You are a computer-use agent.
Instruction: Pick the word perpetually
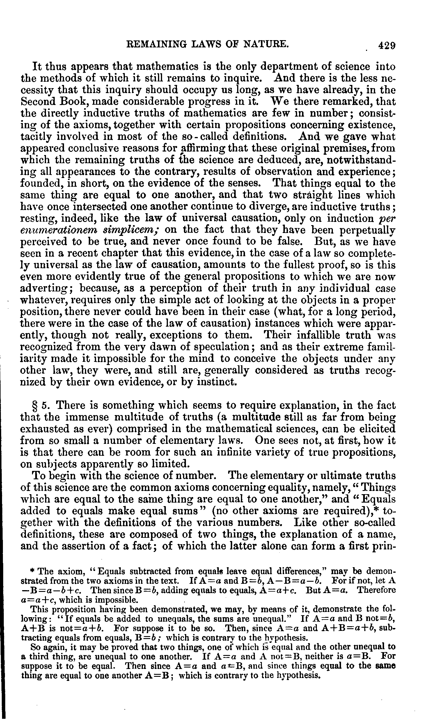[x=368, y=231]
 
